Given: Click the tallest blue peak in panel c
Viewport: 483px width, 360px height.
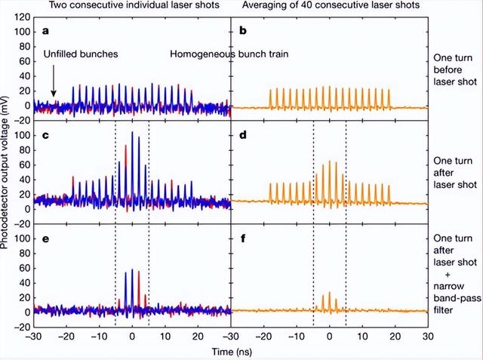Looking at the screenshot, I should pyautogui.click(x=132, y=133).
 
